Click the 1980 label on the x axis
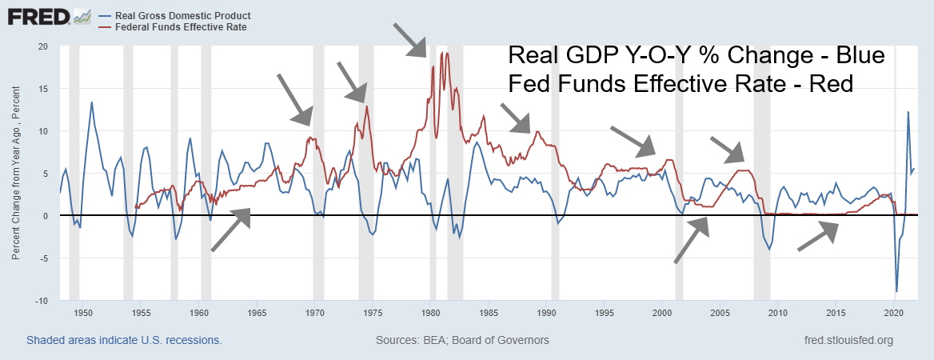tap(430, 313)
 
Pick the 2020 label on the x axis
tap(893, 313)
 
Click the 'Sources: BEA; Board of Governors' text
tap(462, 340)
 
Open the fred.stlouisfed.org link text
tap(850, 340)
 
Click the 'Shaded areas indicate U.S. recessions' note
tap(124, 340)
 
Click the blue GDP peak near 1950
tap(92, 102)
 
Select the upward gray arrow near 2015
tap(819, 236)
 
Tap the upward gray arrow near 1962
tap(231, 230)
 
